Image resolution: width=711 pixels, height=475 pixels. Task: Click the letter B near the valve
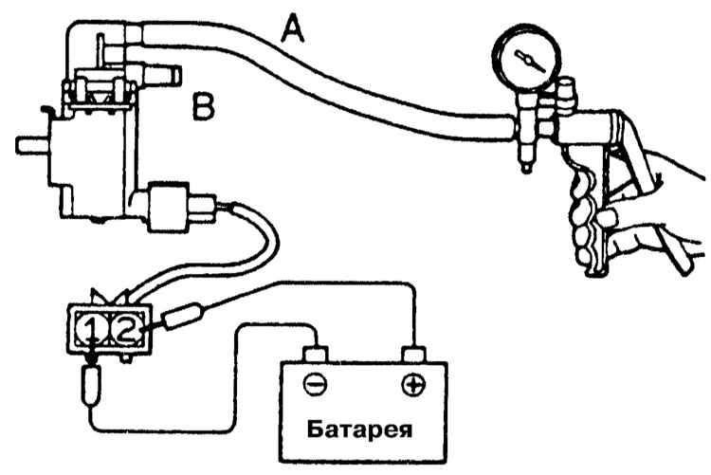(x=203, y=106)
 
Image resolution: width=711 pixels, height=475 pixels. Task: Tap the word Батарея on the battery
(x=359, y=429)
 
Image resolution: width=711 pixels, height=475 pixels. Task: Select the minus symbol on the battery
(x=315, y=385)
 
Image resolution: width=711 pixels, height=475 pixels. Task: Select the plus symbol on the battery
(x=413, y=385)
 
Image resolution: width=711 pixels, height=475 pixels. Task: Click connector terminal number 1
(x=91, y=330)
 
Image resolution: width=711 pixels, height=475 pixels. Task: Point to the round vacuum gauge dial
(x=526, y=59)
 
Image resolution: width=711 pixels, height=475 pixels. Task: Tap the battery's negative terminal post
(x=315, y=354)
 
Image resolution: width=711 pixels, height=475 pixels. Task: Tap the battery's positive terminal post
(x=413, y=354)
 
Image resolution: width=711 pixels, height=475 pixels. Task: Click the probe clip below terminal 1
(x=92, y=386)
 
